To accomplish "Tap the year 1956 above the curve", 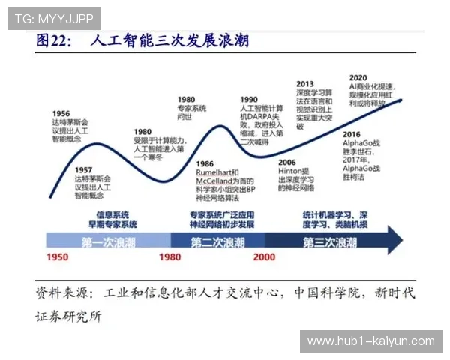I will point(61,113).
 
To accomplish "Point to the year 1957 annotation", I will point(84,170).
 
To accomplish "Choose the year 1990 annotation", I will point(249,99).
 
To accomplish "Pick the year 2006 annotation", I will point(288,161).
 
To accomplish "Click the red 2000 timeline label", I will point(263,257).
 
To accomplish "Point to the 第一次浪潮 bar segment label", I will point(109,241).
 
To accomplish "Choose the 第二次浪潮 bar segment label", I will point(217,241).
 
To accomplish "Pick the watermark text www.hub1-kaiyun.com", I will point(371,341).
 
